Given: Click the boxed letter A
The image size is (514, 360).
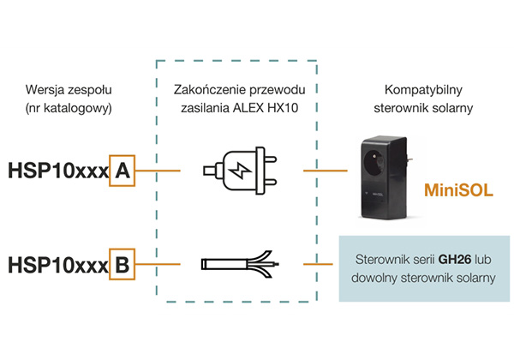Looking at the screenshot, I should (122, 171).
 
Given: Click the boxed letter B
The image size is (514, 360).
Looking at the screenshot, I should (122, 264).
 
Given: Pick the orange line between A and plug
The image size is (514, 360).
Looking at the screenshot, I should (158, 171).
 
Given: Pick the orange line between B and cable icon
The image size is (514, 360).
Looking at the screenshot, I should (158, 264).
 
